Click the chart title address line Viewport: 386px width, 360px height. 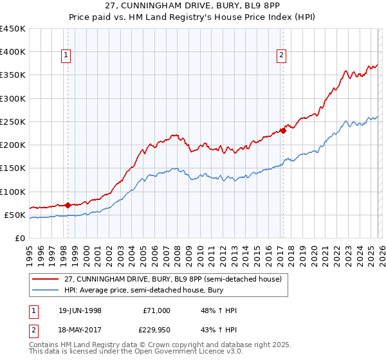point(193,5)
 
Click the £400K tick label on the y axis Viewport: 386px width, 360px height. point(13,52)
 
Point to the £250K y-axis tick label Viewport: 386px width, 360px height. point(13,122)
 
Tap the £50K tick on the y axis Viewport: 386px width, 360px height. point(15,215)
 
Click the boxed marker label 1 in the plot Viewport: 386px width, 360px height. point(66,56)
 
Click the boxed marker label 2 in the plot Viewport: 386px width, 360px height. point(282,56)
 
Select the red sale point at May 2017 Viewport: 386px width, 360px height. point(283,131)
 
